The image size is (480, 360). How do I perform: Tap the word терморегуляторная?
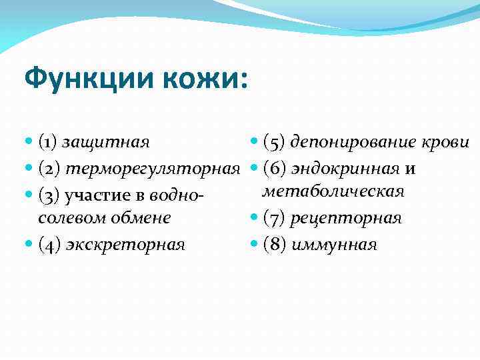tap(157, 169)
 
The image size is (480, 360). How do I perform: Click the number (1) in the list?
tap(50, 143)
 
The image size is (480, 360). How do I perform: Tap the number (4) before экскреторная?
tap(50, 245)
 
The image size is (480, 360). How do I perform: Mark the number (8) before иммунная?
tap(274, 245)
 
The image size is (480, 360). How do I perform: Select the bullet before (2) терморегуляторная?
tap(29, 169)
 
